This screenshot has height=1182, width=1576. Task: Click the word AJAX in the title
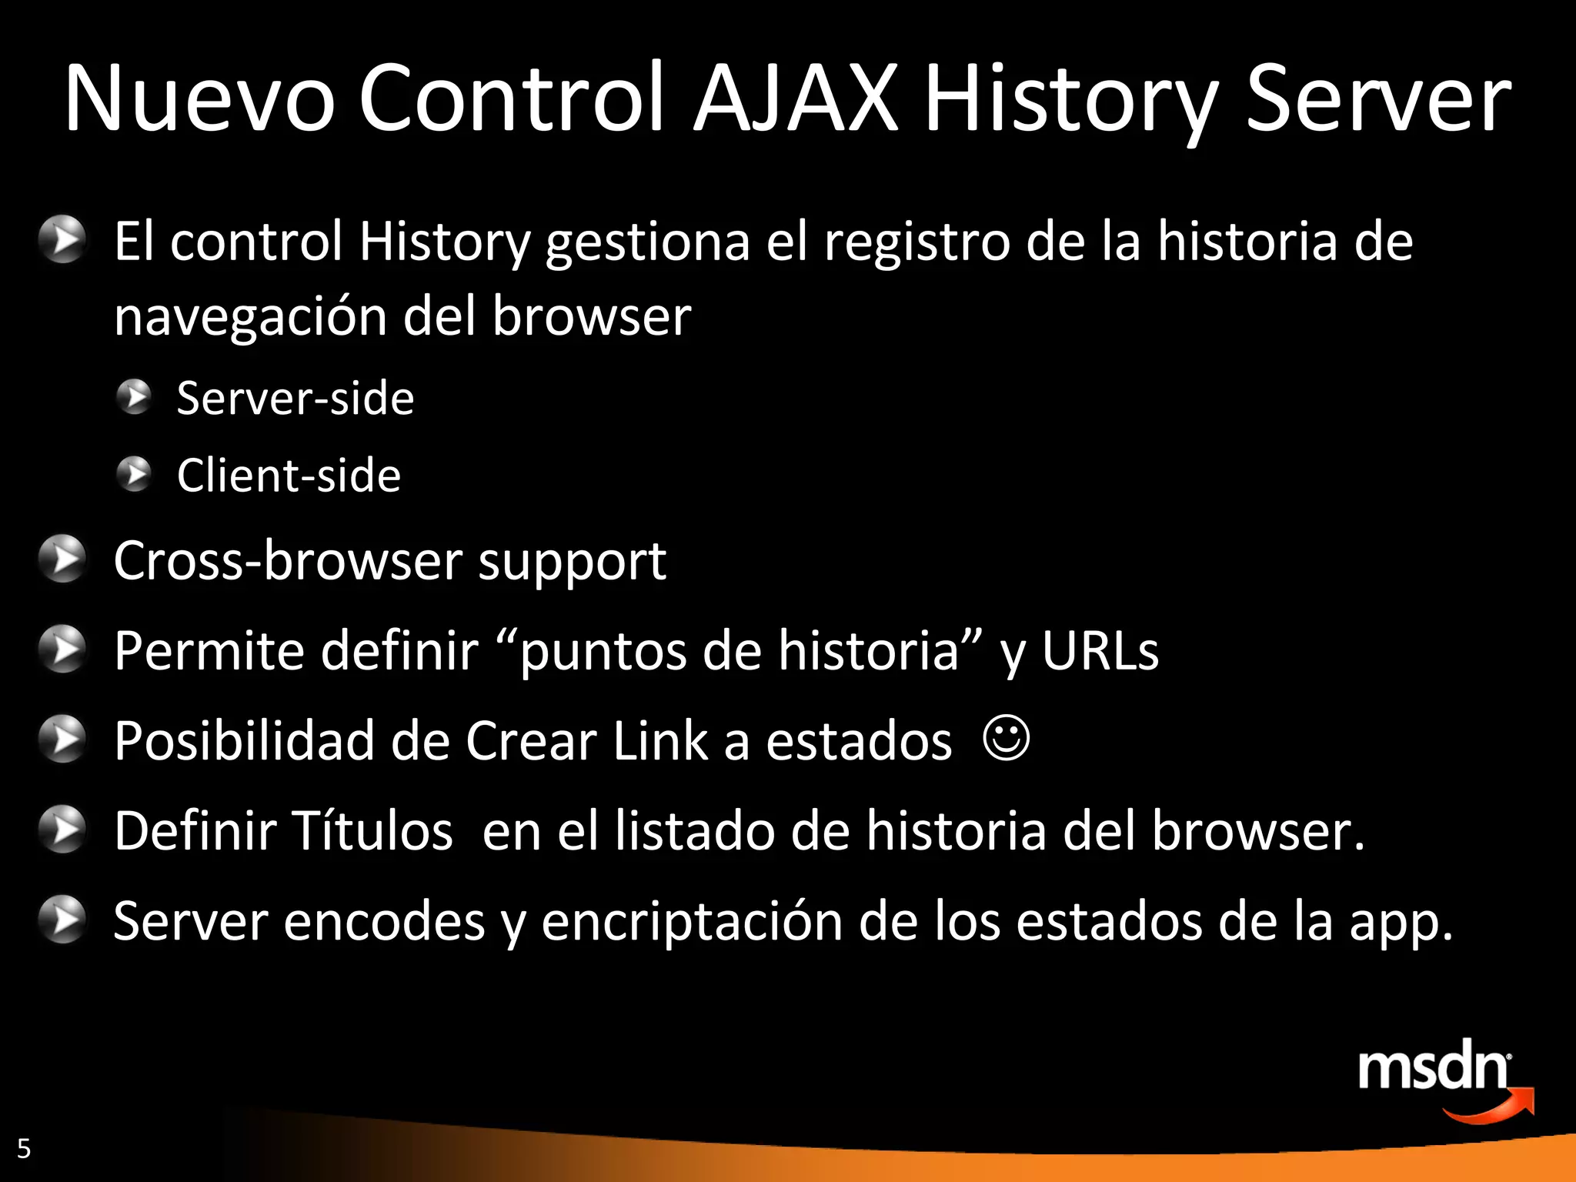pyautogui.click(x=796, y=98)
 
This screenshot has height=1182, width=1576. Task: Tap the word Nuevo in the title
pyautogui.click(x=199, y=98)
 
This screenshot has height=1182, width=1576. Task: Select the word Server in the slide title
pyautogui.click(x=1377, y=98)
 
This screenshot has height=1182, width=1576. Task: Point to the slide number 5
pyautogui.click(x=24, y=1148)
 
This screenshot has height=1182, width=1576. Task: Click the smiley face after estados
pyautogui.click(x=1006, y=740)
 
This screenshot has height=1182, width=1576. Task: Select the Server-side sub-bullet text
pyautogui.click(x=295, y=399)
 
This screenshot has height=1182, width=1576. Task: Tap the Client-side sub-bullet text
pyautogui.click(x=289, y=475)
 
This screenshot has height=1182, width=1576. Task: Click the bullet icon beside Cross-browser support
pyautogui.click(x=62, y=559)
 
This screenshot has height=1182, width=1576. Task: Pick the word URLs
pyautogui.click(x=1100, y=651)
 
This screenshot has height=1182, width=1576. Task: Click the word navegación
pyautogui.click(x=250, y=316)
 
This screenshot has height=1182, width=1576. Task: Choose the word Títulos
pyautogui.click(x=372, y=831)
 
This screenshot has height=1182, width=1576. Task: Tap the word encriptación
pyautogui.click(x=692, y=921)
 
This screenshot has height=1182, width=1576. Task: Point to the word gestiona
pyautogui.click(x=647, y=242)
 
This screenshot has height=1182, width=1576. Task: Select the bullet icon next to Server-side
pyautogui.click(x=135, y=397)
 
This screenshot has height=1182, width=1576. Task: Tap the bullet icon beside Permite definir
pyautogui.click(x=62, y=649)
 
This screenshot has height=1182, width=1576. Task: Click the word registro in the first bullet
pyautogui.click(x=917, y=242)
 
